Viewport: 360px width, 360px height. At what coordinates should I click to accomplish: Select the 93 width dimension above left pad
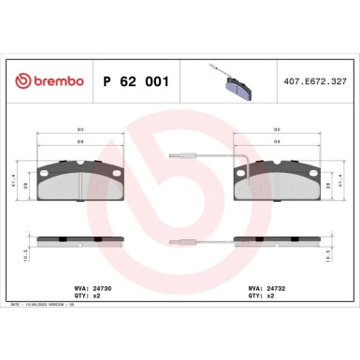(80, 130)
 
